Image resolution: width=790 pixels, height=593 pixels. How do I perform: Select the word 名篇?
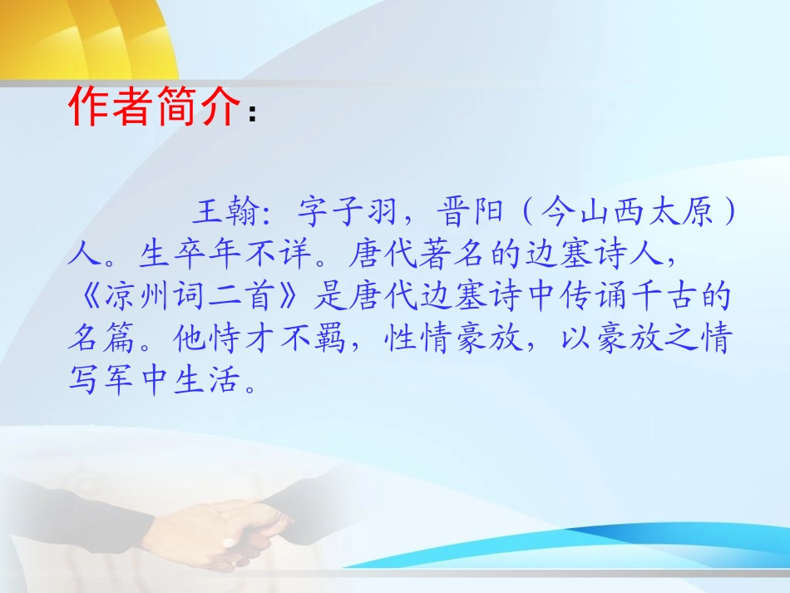[101, 339]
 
